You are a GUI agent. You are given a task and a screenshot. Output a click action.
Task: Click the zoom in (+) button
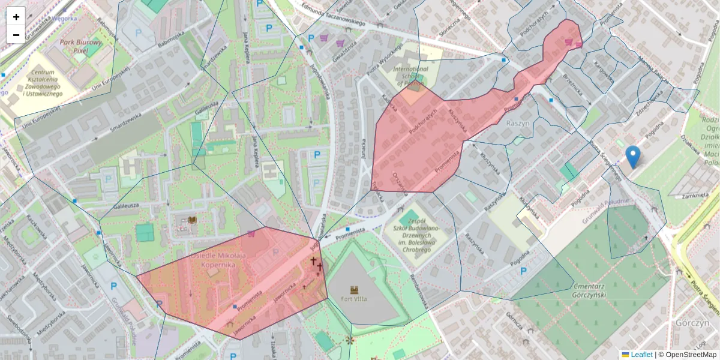point(16,17)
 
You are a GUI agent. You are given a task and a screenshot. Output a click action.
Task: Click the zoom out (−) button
point(16,35)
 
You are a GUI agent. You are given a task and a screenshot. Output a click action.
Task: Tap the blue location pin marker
point(632,156)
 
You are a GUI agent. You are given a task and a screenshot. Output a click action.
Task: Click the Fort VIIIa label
point(353,298)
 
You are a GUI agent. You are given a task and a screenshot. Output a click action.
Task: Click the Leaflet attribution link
point(641,355)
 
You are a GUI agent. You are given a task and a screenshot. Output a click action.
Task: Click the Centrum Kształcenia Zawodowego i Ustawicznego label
point(42,83)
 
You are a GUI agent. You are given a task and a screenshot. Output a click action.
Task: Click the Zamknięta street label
point(695,195)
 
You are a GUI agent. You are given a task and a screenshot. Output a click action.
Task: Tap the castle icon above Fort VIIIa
point(354,289)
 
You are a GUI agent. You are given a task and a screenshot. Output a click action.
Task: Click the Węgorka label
point(64,18)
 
